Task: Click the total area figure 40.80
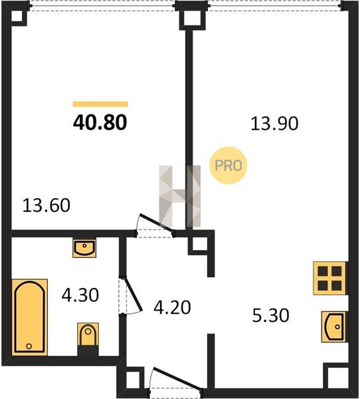click(100, 122)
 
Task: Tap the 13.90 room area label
click(274, 124)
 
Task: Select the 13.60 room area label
click(46, 205)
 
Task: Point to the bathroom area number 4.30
click(80, 295)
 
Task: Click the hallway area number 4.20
click(172, 307)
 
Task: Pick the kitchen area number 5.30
click(271, 315)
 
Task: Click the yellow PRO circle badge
click(228, 166)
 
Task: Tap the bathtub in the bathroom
click(30, 317)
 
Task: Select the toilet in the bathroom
click(88, 335)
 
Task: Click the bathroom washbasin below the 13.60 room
click(84, 248)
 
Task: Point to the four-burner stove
click(329, 278)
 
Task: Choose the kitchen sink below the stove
click(334, 327)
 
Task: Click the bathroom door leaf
click(132, 294)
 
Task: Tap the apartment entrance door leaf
click(177, 378)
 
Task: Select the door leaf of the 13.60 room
click(157, 223)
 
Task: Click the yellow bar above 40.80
click(100, 104)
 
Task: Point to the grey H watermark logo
click(180, 196)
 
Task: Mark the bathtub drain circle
click(29, 346)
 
